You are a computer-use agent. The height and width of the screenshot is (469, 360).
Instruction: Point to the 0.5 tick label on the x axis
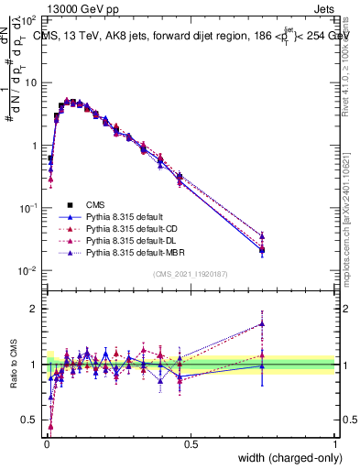pyautogui.click(x=191, y=444)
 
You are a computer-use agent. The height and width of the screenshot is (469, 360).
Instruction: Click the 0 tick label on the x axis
pyautogui.click(x=46, y=444)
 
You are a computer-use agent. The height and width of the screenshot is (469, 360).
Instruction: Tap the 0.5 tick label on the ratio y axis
pyautogui.click(x=30, y=421)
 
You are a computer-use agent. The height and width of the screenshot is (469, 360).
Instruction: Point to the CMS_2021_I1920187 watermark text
pyautogui.click(x=190, y=275)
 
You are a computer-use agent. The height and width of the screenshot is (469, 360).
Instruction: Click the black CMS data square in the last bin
pyautogui.click(x=262, y=250)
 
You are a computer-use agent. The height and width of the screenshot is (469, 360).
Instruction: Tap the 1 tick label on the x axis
pyautogui.click(x=335, y=444)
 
